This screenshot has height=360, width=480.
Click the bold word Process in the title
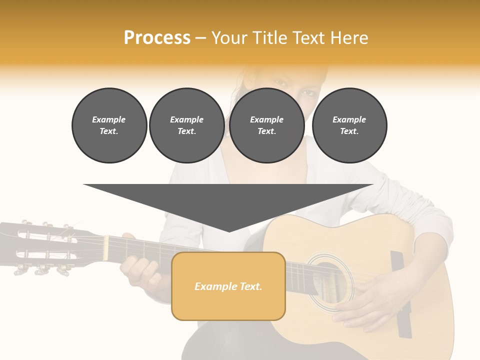coord(157,38)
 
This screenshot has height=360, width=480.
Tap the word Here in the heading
coord(349,38)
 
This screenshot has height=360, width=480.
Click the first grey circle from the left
coord(109,125)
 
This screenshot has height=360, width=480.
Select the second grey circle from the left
coord(186,125)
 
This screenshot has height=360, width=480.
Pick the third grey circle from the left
coord(266,125)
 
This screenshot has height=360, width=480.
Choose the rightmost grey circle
coord(349,125)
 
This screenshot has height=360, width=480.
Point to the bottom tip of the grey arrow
coord(229,231)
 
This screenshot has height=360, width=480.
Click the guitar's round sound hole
coord(330,280)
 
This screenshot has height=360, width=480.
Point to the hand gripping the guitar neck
coord(142,272)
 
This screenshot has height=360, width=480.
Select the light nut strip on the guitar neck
coord(106,247)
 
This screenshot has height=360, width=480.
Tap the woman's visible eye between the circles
coord(309,93)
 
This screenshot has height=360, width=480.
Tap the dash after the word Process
coord(201,38)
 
